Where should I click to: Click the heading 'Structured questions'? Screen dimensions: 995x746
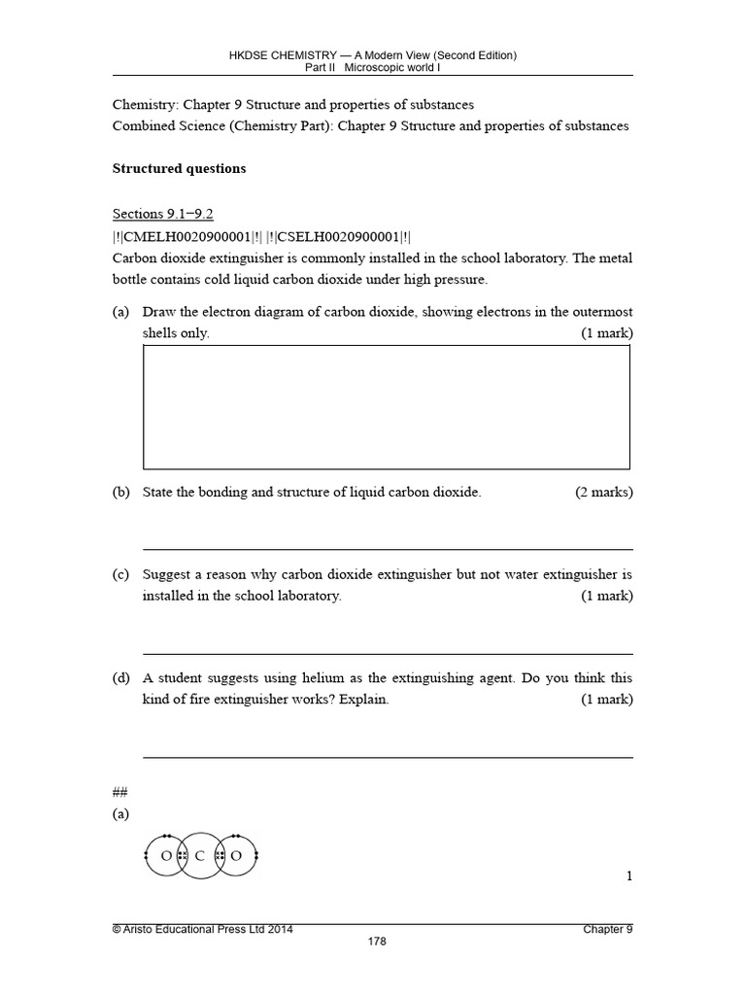click(x=179, y=169)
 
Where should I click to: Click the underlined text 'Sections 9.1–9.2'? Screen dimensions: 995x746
click(x=162, y=214)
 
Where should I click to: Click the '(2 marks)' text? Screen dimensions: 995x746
click(x=603, y=493)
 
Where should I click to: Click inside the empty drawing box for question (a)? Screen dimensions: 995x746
click(x=386, y=407)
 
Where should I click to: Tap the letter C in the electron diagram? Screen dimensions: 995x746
click(x=200, y=856)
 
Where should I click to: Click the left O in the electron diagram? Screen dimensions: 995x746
click(x=166, y=856)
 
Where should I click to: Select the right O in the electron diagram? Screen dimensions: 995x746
click(x=234, y=856)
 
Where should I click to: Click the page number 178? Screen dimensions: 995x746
click(x=373, y=942)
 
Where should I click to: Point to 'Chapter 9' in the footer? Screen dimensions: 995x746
click(x=607, y=929)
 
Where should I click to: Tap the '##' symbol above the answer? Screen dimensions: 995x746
click(x=120, y=792)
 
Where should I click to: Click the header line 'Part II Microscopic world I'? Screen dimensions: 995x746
click(x=373, y=67)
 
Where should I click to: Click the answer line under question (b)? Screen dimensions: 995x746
click(x=388, y=549)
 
